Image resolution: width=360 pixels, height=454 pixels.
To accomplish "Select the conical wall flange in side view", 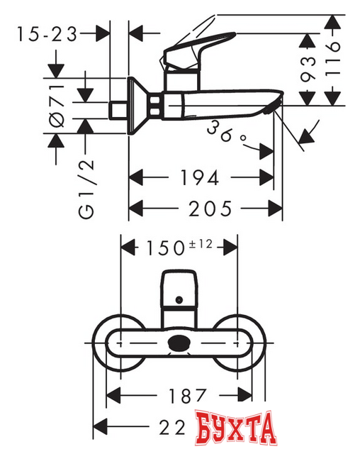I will pyautogui.click(x=142, y=105).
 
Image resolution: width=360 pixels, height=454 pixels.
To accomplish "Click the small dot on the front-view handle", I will pyautogui.click(x=178, y=300).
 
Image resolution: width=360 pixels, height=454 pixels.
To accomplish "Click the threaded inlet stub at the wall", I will pyautogui.click(x=118, y=111).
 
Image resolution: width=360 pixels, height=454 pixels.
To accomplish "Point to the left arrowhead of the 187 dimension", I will pyautogui.click(x=111, y=395).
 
